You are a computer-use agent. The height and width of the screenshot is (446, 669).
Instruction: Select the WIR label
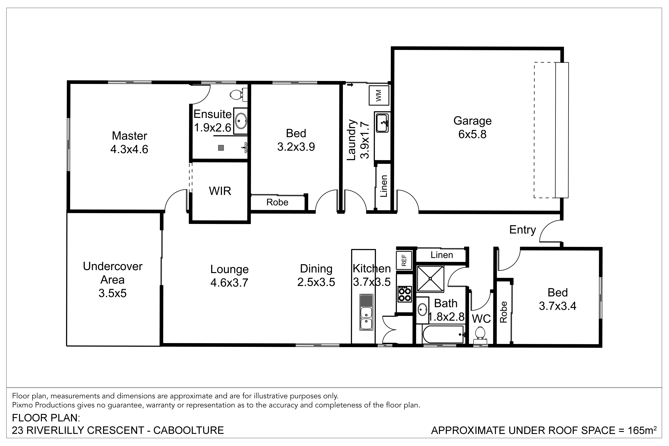coord(220,191)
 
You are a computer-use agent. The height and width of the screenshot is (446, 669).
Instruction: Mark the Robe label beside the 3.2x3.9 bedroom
coord(277,202)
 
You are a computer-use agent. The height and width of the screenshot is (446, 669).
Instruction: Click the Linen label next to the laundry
coord(384,186)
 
